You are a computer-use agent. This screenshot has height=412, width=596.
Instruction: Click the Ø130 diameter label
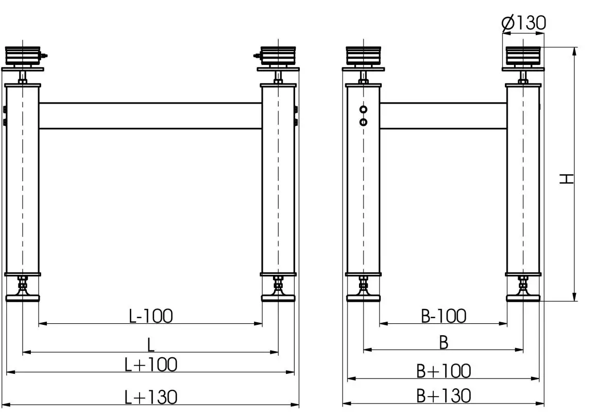[x=523, y=23]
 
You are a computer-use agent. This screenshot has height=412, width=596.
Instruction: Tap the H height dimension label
[x=567, y=178]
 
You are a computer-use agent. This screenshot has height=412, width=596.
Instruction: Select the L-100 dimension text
[x=150, y=316]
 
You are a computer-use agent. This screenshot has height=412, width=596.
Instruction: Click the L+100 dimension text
[x=151, y=365]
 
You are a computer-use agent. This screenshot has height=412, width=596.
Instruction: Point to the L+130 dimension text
[x=151, y=397]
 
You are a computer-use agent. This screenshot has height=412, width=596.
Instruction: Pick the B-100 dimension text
[x=443, y=316]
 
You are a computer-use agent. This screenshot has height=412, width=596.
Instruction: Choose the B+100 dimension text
[x=443, y=370]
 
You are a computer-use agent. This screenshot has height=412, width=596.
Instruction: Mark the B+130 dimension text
[x=443, y=395]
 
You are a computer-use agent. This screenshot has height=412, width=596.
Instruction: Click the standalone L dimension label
[x=151, y=343]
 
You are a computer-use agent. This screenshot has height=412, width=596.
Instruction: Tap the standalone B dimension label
[x=444, y=342]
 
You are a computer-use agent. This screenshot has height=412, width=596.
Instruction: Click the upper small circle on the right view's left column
[x=364, y=110]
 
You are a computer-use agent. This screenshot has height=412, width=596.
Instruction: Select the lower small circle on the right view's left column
[x=364, y=122]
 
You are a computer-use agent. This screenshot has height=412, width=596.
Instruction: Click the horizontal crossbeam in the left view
[x=150, y=116]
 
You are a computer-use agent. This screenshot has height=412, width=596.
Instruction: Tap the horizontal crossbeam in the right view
[x=443, y=116]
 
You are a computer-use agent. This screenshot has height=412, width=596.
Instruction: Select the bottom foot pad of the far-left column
[x=22, y=297]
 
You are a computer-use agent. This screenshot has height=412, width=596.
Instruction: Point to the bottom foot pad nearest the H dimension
[x=523, y=298]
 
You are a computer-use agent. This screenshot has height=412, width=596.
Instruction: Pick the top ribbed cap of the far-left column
[x=22, y=54]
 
